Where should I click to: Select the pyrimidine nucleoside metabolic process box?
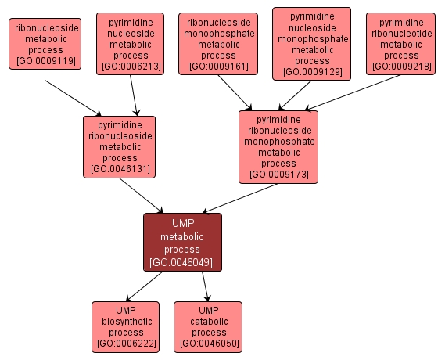click(135, 44)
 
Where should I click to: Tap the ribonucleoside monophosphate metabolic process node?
click(219, 44)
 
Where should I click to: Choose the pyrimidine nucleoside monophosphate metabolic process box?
click(311, 44)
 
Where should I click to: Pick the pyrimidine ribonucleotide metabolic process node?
click(401, 44)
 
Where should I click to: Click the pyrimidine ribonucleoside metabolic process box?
click(119, 146)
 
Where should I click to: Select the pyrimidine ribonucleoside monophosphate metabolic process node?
click(278, 146)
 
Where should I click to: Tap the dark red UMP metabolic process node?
click(182, 242)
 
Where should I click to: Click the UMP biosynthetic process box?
click(125, 326)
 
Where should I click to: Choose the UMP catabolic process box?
click(208, 326)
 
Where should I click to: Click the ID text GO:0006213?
click(135, 67)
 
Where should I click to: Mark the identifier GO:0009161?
click(219, 67)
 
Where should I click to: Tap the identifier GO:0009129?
click(311, 72)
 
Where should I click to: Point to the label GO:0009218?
click(401, 67)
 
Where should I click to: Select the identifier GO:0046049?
click(182, 262)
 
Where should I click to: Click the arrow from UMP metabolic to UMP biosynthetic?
click(144, 286)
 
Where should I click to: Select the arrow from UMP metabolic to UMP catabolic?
click(205, 286)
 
